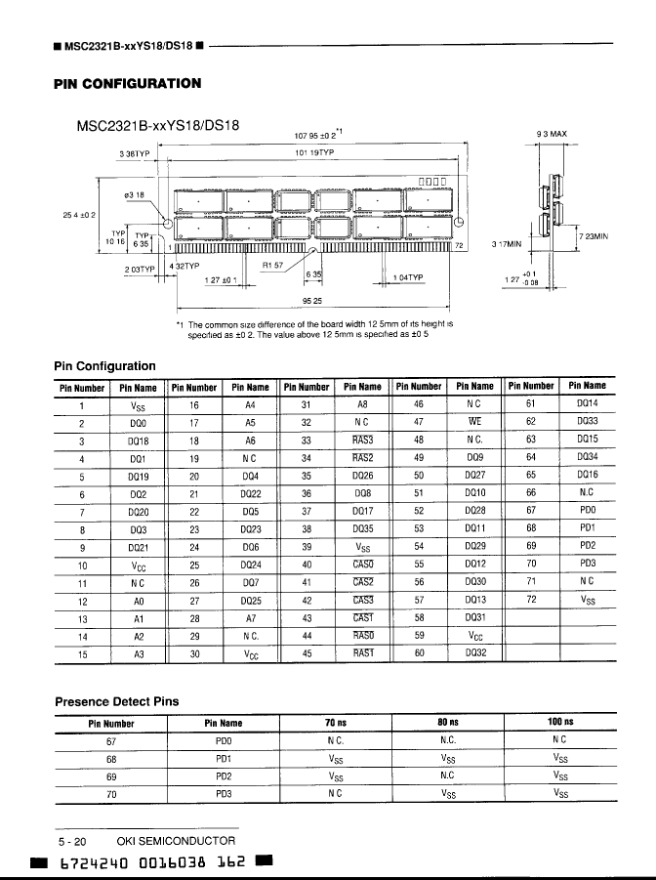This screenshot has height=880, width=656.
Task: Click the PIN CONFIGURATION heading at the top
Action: pos(127,84)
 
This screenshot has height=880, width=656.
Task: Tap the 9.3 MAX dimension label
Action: pos(553,134)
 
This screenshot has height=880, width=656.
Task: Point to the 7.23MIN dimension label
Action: pos(594,235)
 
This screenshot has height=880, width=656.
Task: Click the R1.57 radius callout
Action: pos(273,264)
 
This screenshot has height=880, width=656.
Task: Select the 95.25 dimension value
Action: pos(313,300)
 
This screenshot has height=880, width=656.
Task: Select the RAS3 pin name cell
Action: pos(362,441)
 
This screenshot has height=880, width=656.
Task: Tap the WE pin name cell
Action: pos(474,423)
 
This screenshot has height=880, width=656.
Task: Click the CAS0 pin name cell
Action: pos(362,565)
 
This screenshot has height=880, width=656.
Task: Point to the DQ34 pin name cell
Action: pos(587,459)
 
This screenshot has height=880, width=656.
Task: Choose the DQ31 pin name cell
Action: pos(474,617)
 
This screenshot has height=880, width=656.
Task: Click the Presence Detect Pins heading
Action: pos(116,700)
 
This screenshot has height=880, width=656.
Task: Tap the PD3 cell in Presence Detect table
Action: pos(224,794)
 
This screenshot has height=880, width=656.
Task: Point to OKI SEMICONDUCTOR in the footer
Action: pos(176,841)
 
